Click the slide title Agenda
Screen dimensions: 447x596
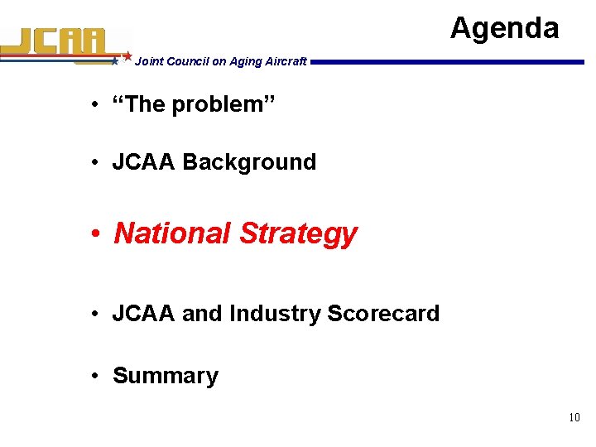coord(504,28)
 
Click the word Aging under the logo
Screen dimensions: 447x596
coord(235,61)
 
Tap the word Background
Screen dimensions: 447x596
coord(249,161)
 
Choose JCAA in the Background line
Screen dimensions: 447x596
coord(144,161)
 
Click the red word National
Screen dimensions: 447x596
coord(172,233)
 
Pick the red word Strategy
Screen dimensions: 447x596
coord(298,234)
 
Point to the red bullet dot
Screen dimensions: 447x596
coord(97,234)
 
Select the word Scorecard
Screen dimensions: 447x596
coord(383,314)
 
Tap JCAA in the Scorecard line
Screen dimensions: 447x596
coord(144,314)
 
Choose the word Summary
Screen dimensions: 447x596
coord(166,376)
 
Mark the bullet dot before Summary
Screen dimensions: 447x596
coord(97,376)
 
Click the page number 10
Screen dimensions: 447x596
coord(574,418)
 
